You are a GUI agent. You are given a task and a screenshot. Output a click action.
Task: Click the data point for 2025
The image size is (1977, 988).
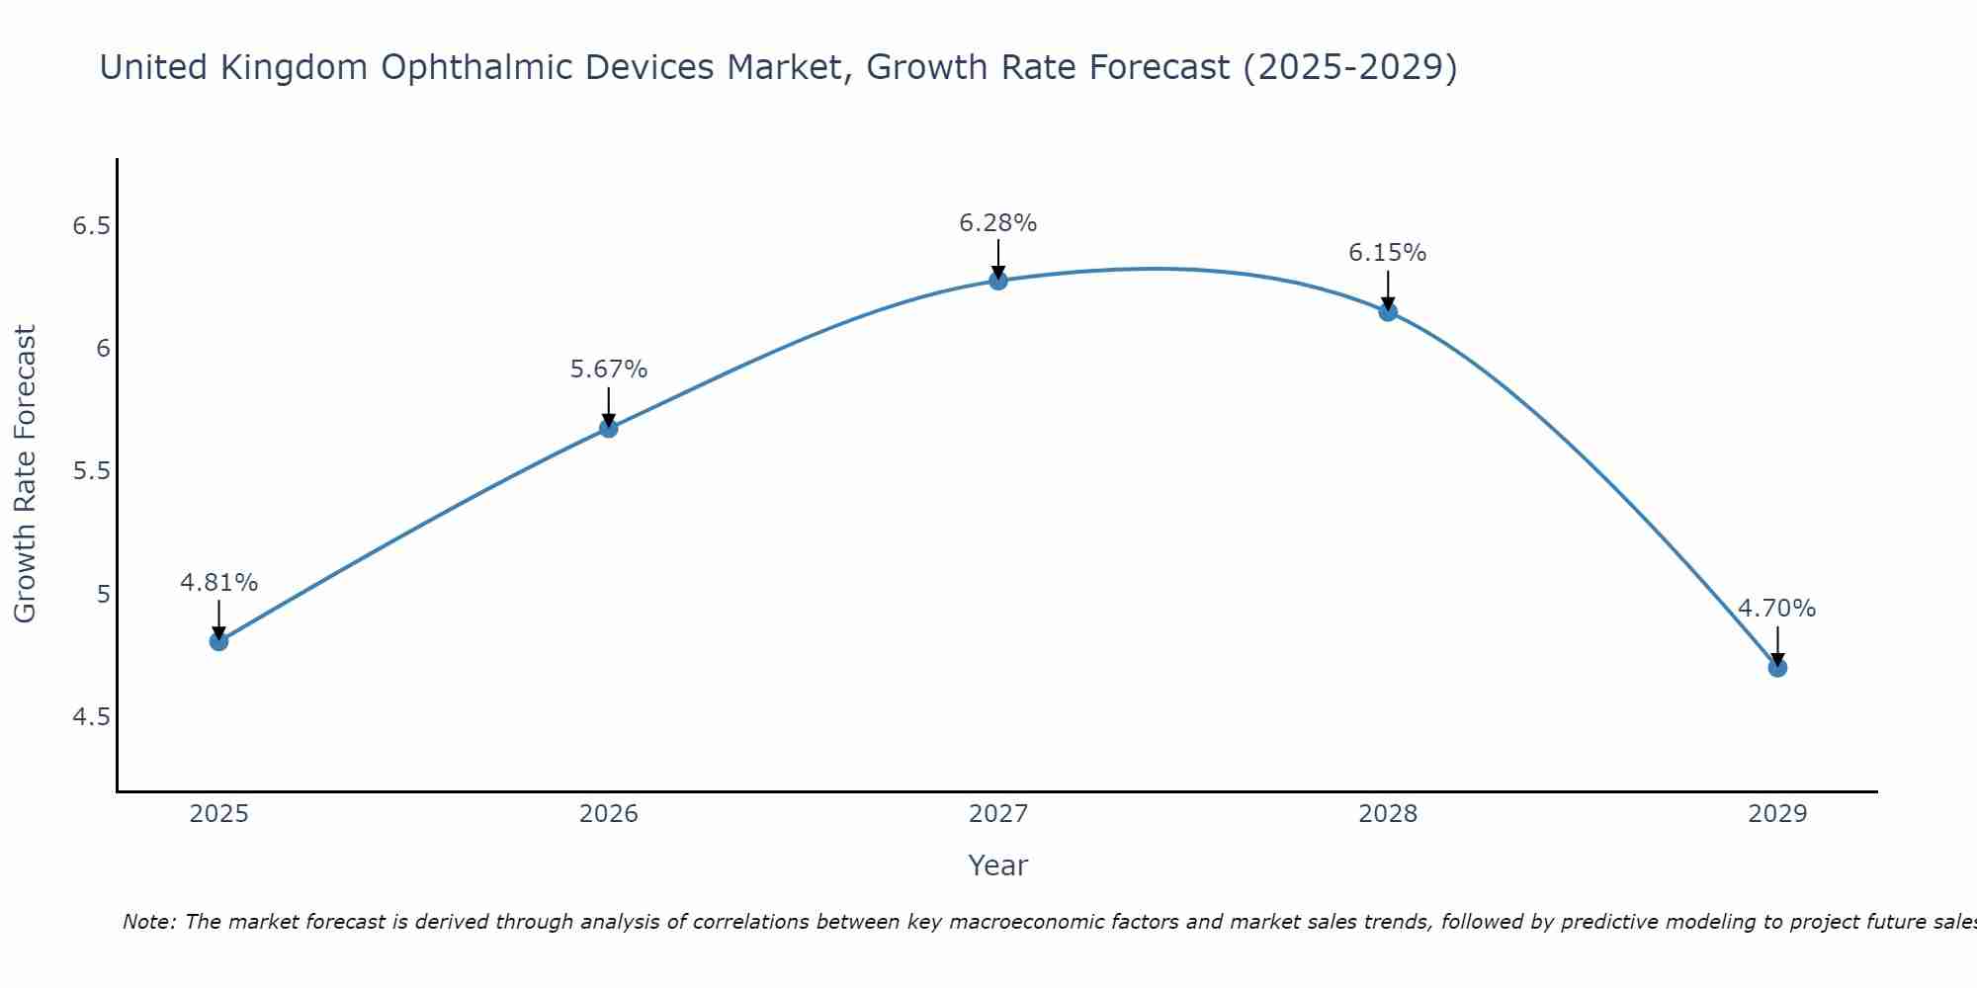tap(219, 641)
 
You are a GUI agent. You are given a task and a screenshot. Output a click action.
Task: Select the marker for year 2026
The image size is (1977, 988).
tap(609, 428)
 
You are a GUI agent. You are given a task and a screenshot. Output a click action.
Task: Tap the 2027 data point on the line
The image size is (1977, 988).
tap(998, 281)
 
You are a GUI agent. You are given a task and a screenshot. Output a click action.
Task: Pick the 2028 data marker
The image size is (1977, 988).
tap(1388, 312)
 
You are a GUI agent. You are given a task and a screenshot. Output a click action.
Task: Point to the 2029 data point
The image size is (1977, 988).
tap(1777, 668)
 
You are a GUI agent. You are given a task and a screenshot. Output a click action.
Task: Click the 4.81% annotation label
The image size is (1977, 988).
tap(219, 583)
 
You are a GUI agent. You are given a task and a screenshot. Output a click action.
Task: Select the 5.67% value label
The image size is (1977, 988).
tap(609, 370)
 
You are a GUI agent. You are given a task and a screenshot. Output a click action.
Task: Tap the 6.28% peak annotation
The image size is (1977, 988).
tap(998, 223)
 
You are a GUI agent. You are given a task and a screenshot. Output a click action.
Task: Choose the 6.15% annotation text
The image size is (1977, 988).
tap(1388, 253)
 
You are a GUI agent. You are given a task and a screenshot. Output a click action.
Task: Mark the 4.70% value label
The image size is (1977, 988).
tap(1777, 609)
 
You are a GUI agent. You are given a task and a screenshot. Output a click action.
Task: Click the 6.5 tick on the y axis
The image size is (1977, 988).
tap(91, 226)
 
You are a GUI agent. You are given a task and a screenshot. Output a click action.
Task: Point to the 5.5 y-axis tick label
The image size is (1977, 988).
tap(91, 471)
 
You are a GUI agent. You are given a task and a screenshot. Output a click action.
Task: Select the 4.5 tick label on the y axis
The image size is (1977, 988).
tap(91, 716)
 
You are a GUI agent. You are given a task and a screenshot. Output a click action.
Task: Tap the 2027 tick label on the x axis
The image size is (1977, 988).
tap(998, 814)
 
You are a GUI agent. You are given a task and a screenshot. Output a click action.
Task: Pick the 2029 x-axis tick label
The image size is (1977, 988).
tap(1777, 814)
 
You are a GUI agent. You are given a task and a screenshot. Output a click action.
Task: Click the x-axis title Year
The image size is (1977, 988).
tap(998, 865)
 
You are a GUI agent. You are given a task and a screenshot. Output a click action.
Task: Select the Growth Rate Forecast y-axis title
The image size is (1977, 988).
tap(25, 473)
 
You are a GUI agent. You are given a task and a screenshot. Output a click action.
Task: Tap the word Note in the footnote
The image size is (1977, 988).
tap(148, 922)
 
